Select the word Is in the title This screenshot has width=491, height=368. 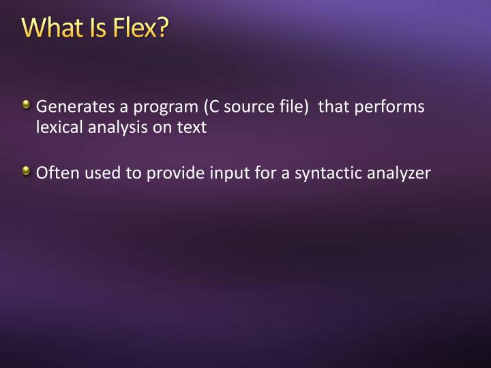tap(94, 29)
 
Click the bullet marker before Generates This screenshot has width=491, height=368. tap(26, 106)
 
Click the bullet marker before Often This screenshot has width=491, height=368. tap(26, 171)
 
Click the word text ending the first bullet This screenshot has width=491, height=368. tap(192, 127)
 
